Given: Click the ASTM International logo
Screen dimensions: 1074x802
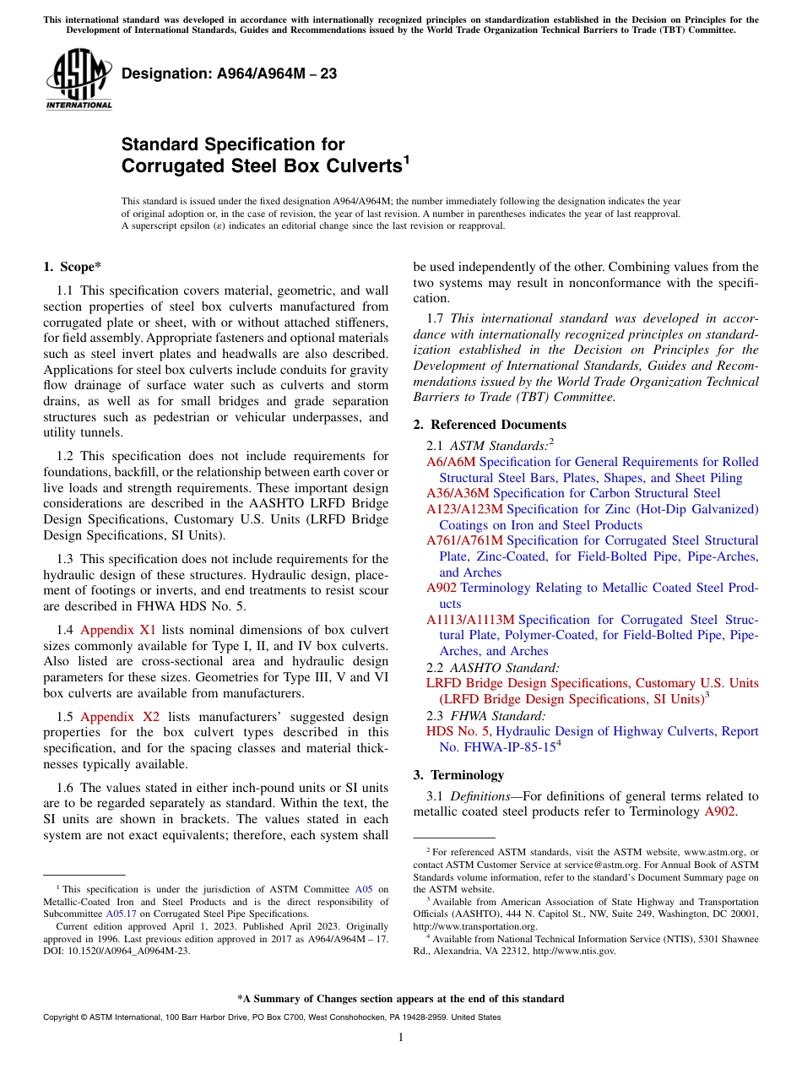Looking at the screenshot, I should tap(79, 79).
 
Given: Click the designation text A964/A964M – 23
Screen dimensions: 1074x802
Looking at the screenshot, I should tap(229, 74).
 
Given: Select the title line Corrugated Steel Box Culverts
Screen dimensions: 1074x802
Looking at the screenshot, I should tap(262, 166).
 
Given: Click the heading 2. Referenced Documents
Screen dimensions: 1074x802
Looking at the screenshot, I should tap(490, 425).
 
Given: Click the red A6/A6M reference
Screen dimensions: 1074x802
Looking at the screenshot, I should tap(451, 462).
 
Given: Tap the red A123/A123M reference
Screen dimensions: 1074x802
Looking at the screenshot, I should tap(464, 509).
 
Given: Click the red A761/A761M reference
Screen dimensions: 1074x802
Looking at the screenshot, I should tap(464, 540).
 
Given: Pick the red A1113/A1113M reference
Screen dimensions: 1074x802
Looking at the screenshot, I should tap(470, 620).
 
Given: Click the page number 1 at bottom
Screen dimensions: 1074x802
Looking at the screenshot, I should tap(401, 1037).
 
